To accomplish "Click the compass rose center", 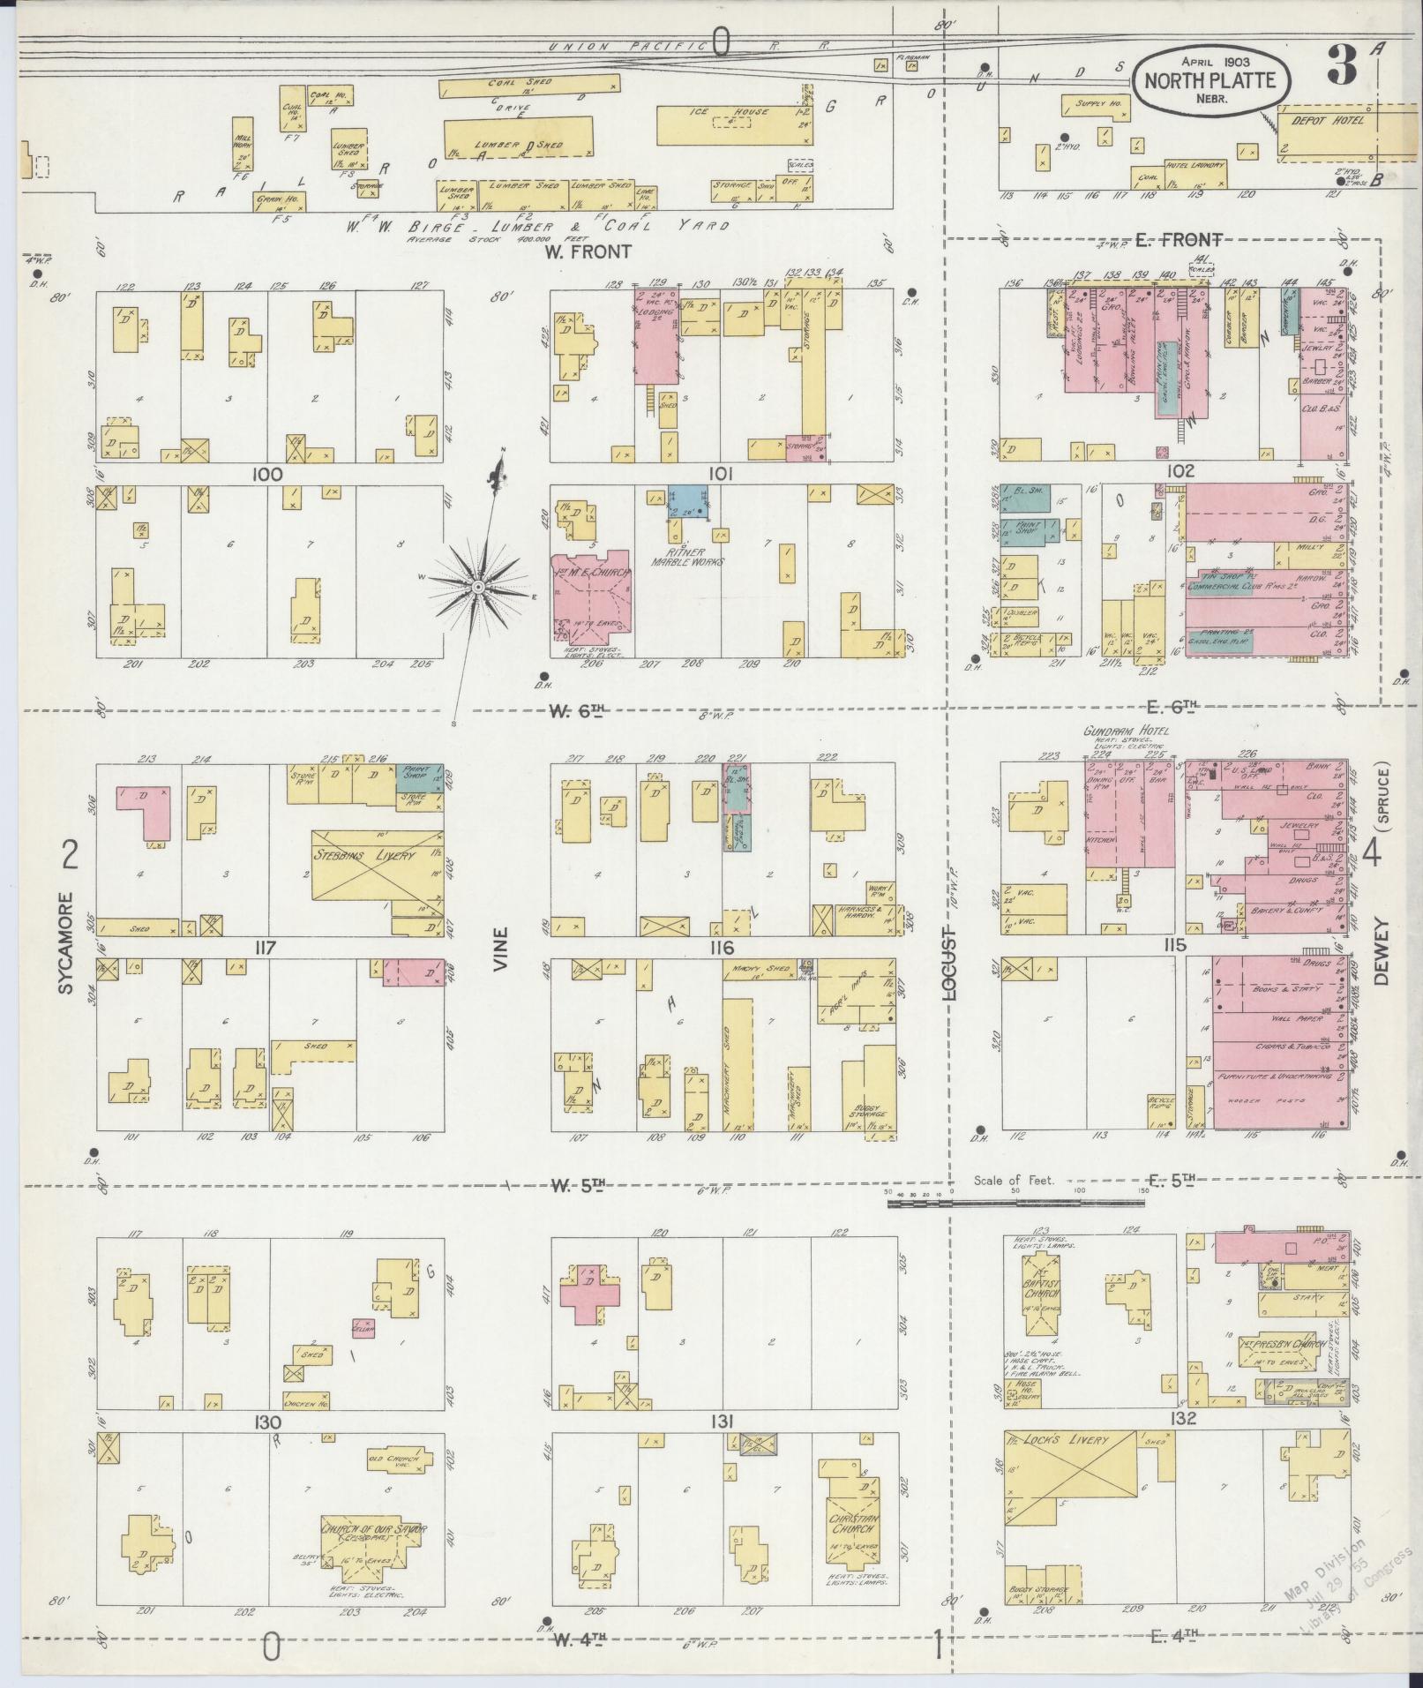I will [477, 587].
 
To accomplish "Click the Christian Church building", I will [852, 1529].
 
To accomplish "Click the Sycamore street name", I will [68, 942].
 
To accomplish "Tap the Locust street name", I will [949, 964].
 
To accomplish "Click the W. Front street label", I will [588, 251].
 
